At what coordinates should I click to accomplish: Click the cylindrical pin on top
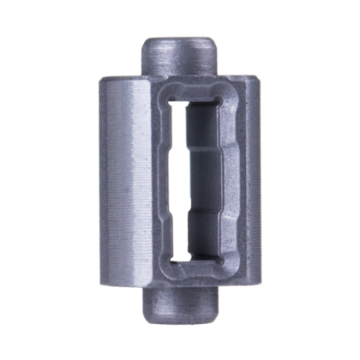[x=177, y=56]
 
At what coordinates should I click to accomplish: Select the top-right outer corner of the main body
[x=257, y=79]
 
